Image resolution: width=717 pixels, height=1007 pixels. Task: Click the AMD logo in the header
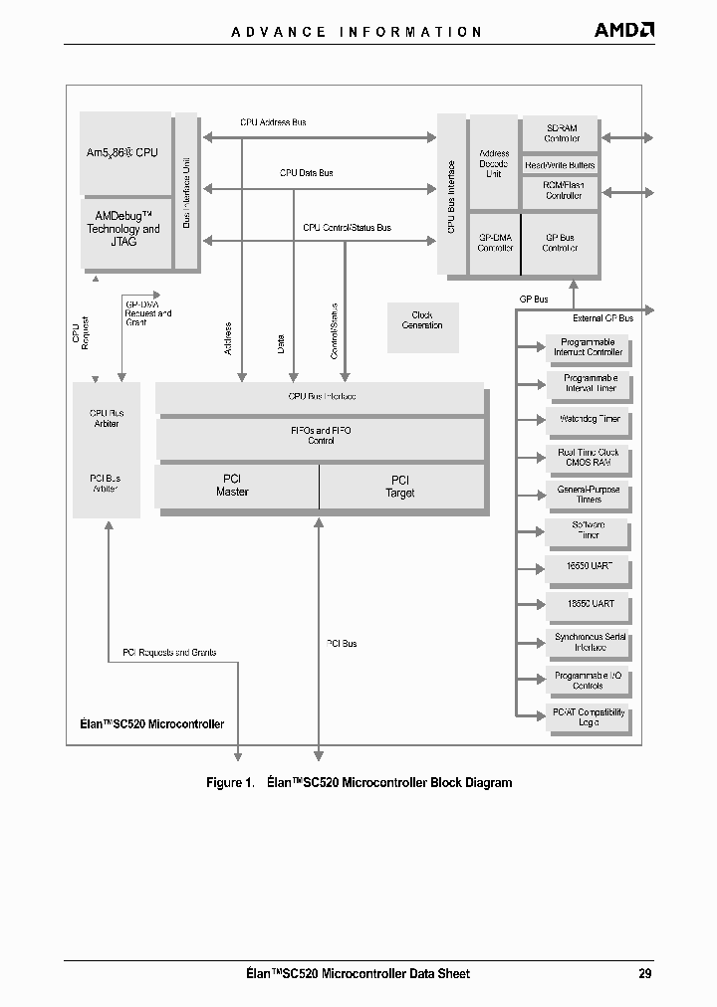pos(624,30)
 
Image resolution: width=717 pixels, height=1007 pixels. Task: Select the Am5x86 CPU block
pos(124,153)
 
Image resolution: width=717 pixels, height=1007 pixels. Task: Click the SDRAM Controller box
pos(562,133)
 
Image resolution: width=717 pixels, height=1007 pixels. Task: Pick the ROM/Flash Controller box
pos(563,190)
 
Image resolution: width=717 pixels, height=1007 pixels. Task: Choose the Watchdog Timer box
pos(588,419)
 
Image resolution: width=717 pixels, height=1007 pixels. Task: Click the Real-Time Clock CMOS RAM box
pos(588,458)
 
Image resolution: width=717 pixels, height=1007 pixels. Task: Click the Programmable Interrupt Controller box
pos(588,347)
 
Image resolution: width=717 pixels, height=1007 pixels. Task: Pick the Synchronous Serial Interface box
pos(588,642)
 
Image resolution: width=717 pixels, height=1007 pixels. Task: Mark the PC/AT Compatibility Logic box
pos(588,717)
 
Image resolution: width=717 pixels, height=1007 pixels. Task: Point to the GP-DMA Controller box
pos(494,243)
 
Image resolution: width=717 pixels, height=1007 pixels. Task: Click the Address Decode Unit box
pos(494,164)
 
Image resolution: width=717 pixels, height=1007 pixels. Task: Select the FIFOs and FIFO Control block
pos(320,436)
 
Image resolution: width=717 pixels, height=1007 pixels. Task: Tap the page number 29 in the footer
pos(645,973)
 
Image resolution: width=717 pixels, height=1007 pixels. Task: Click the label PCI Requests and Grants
pos(169,653)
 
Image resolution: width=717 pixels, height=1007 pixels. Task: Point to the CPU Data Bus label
pos(306,173)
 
